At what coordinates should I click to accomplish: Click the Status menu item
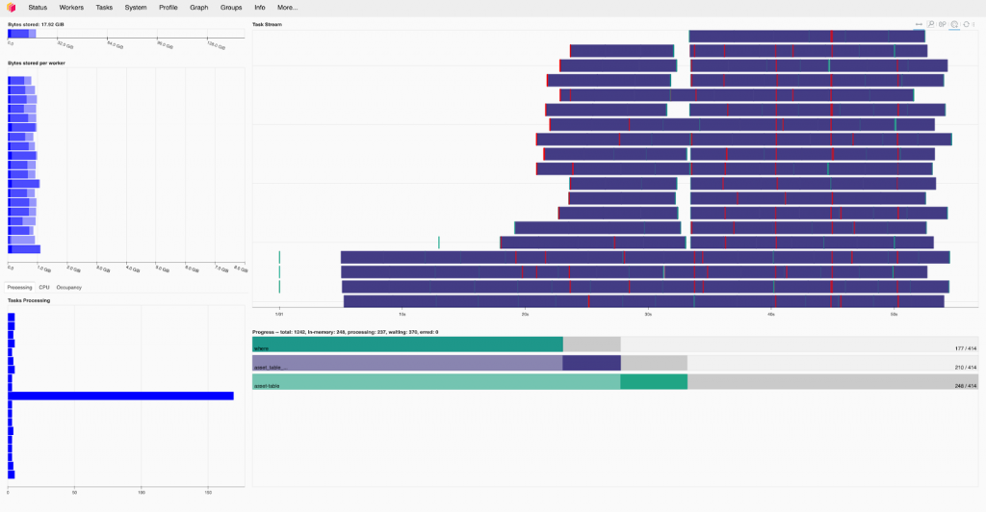pos(38,7)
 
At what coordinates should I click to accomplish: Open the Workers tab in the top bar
pos(71,7)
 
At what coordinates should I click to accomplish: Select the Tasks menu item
pos(104,7)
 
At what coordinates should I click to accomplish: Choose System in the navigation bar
pos(136,7)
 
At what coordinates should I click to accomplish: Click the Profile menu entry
pos(169,7)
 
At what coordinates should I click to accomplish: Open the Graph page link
pos(199,7)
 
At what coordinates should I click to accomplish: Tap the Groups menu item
pos(231,7)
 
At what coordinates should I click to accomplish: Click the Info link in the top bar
pos(260,7)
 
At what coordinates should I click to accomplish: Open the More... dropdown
pos(288,7)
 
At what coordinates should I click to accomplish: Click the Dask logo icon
pos(12,7)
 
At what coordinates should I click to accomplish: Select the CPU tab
pos(44,287)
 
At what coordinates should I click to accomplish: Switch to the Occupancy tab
pos(69,287)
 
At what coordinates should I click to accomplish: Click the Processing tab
pos(19,287)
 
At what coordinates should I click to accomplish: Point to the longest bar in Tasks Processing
pos(120,396)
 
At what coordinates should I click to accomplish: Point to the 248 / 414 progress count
pos(965,385)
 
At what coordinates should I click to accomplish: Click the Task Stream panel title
pos(268,23)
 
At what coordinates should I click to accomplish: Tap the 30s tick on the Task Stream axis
pos(648,314)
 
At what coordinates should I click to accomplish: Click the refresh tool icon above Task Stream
pos(965,23)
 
